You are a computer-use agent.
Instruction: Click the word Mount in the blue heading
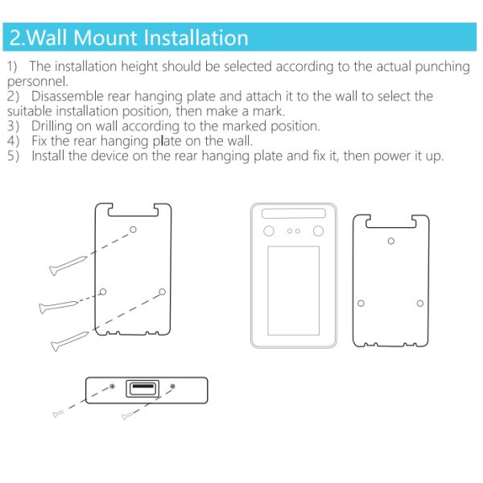tap(104, 38)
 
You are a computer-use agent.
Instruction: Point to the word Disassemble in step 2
tap(70, 97)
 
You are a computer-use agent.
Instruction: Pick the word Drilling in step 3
tap(54, 126)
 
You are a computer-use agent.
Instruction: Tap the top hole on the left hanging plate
tap(133, 229)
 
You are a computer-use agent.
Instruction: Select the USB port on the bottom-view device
tap(142, 390)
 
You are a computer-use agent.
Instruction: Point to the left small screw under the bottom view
tap(57, 413)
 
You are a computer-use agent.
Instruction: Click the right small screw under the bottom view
tap(126, 416)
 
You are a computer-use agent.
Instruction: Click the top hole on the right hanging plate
tap(391, 240)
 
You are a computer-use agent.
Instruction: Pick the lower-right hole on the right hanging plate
tap(420, 303)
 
